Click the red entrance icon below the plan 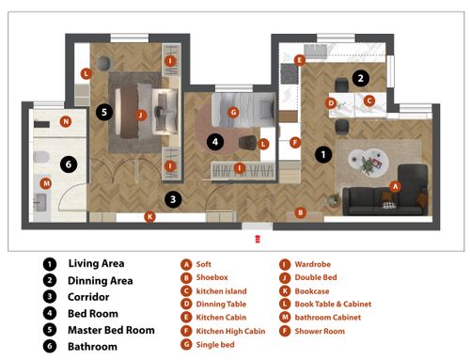pos(258,239)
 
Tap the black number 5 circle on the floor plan pos(104,112)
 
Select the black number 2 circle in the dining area pos(360,78)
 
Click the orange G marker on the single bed pos(233,112)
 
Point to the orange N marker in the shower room pos(66,121)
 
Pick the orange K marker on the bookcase pos(149,216)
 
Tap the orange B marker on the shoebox pos(300,212)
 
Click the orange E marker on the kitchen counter pos(300,60)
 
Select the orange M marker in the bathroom pos(46,183)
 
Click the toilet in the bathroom pos(41,157)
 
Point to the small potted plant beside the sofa pos(333,199)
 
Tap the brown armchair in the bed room pos(248,143)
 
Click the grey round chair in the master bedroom pos(104,63)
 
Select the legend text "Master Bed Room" pos(111,330)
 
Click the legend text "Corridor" pos(88,297)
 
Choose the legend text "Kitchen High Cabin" pos(230,331)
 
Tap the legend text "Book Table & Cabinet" pos(333,304)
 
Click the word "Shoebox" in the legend pos(212,277)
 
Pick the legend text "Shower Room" pos(320,331)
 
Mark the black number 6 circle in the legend pos(50,347)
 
